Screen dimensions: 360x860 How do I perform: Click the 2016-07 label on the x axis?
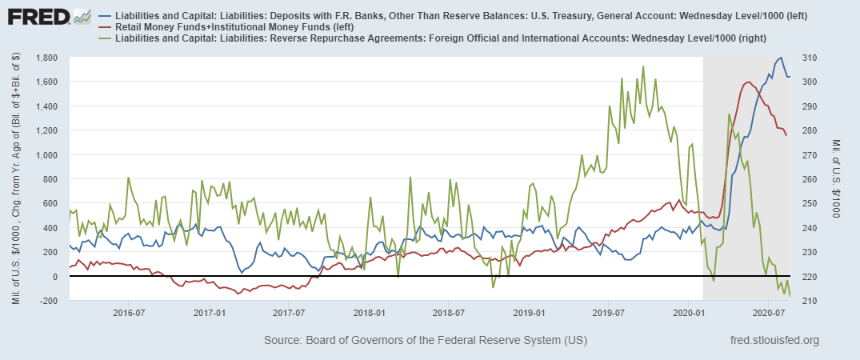(127, 312)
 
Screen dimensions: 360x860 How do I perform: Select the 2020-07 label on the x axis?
(768, 312)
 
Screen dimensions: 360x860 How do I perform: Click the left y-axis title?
(15, 178)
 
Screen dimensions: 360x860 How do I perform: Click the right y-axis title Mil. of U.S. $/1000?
(835, 178)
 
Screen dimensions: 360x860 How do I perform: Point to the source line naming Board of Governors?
(425, 341)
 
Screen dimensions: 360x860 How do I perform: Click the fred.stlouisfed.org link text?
(774, 341)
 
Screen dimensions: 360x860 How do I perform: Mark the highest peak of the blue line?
(780, 58)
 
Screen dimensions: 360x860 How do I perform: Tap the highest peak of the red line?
(748, 82)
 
